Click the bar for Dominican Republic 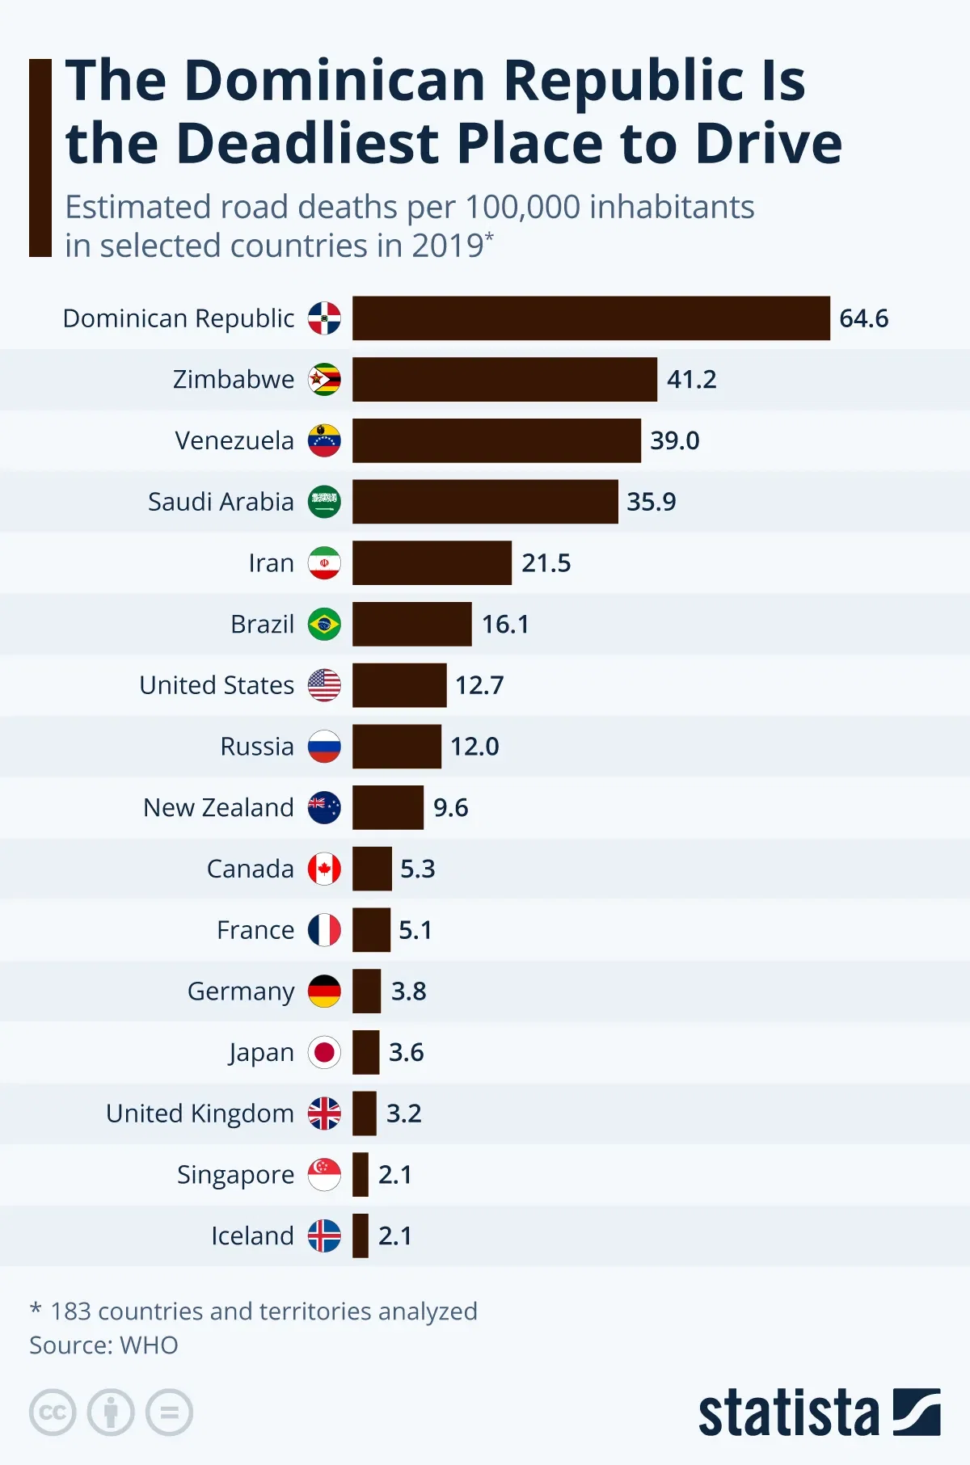point(590,318)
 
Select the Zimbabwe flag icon point(324,379)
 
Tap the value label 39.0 point(674,440)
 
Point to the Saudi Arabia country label point(221,502)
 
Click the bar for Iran point(432,562)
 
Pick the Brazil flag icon point(324,624)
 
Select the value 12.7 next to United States point(479,685)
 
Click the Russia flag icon point(324,747)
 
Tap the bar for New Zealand point(387,807)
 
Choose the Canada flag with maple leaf point(324,869)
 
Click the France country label point(255,930)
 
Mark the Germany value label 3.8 point(408,991)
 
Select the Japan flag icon point(324,1052)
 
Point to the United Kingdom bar point(364,1113)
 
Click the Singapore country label point(235,1175)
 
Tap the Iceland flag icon point(324,1236)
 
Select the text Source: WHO point(103,1345)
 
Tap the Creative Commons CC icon point(53,1412)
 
